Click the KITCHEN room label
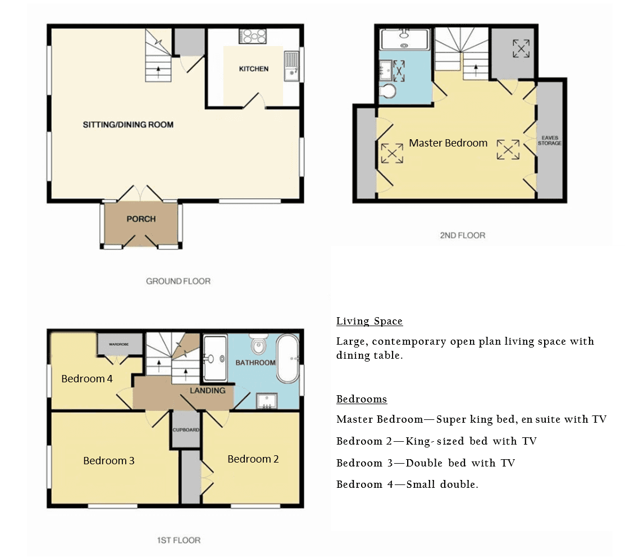click(253, 69)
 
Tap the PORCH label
click(141, 219)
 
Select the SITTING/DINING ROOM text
click(128, 125)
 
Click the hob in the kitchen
click(253, 36)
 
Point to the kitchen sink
click(291, 66)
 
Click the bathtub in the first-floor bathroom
click(288, 359)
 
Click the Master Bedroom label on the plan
click(448, 143)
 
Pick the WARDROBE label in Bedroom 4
click(119, 344)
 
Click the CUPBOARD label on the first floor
click(186, 430)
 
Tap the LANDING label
click(207, 390)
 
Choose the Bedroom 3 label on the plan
click(109, 461)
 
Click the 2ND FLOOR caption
click(462, 235)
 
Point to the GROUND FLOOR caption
click(178, 281)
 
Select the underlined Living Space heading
click(369, 322)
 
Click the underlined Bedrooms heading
click(361, 400)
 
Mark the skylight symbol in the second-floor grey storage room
click(521, 48)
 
